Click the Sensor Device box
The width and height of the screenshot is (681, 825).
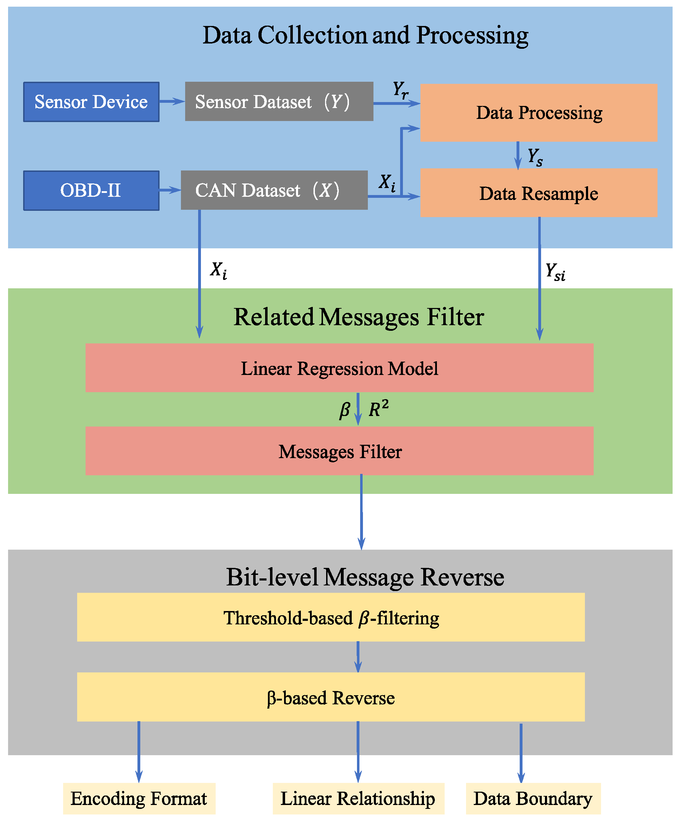[x=91, y=102]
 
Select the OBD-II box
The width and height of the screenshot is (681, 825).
[x=91, y=191]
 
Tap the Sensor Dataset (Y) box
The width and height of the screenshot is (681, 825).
[x=279, y=102]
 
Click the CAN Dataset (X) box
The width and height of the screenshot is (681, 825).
[x=274, y=190]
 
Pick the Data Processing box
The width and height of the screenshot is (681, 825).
[x=538, y=113]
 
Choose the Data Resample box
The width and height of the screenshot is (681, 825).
[x=538, y=193]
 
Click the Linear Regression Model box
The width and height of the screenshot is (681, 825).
[x=339, y=368]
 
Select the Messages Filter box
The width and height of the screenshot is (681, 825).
[x=339, y=451]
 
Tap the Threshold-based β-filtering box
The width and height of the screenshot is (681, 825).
[x=331, y=617]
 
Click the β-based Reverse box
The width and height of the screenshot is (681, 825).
[x=331, y=698]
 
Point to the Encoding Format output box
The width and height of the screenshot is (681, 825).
[x=139, y=798]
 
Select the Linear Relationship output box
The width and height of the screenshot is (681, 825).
[x=358, y=798]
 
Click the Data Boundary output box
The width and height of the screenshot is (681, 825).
[x=533, y=798]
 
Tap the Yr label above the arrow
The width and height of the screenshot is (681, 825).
[x=400, y=90]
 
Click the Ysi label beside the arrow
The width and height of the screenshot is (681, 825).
[x=555, y=271]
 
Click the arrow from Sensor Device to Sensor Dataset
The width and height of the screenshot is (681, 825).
[x=172, y=102]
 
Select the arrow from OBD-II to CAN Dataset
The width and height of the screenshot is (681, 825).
[x=169, y=190]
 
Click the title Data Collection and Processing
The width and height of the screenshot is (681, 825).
[x=365, y=35]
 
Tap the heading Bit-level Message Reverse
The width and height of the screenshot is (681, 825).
[x=365, y=577]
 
